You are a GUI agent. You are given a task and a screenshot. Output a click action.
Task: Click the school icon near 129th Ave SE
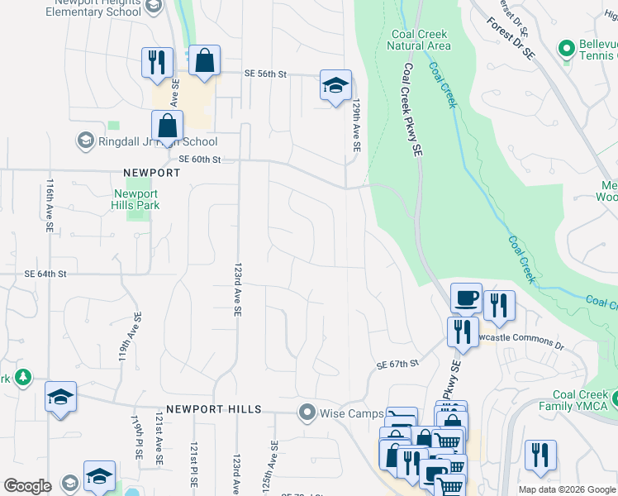[335, 86]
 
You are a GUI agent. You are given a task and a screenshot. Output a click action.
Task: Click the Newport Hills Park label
[136, 199]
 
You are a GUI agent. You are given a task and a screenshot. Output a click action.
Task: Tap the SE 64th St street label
[45, 273]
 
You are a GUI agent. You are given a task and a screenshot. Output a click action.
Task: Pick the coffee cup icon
[466, 298]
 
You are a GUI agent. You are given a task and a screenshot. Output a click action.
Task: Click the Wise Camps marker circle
[307, 412]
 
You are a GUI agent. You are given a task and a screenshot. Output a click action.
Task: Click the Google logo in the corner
[27, 486]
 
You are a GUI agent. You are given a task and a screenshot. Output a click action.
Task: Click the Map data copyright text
[567, 489]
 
